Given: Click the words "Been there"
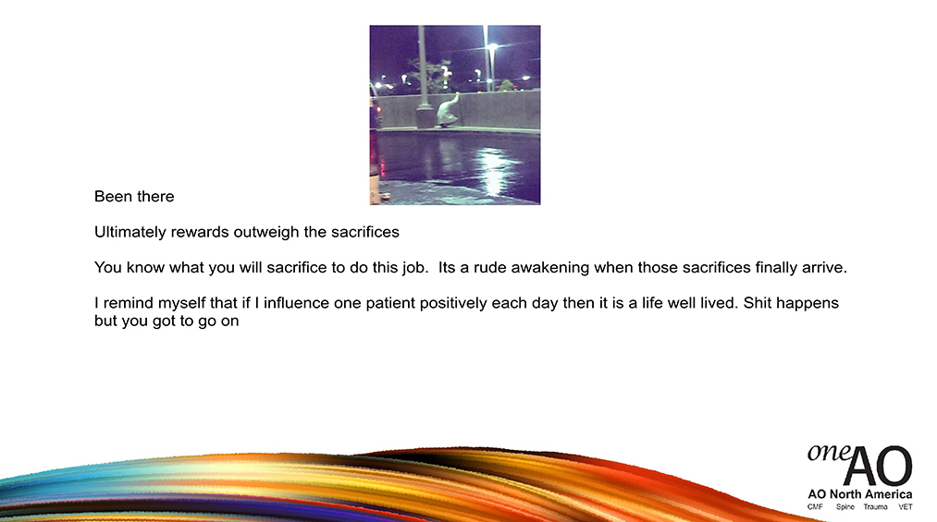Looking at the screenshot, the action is [134, 196].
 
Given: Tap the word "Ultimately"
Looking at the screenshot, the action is [130, 232].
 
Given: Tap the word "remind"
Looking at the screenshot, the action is [129, 303].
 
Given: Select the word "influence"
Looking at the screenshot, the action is [296, 303].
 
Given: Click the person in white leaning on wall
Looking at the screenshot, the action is [449, 110].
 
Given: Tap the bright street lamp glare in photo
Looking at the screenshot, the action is [492, 46].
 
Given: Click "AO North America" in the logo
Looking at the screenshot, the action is [860, 494].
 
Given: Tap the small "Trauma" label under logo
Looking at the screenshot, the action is [875, 506].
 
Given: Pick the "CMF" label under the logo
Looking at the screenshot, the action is [815, 506].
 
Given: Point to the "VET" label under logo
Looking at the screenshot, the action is [906, 506].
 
